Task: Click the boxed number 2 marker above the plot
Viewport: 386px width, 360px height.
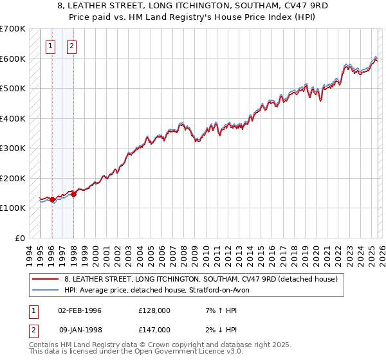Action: (x=71, y=46)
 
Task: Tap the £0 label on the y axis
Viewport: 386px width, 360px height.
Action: (x=21, y=238)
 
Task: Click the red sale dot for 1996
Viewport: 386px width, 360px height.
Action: (x=52, y=200)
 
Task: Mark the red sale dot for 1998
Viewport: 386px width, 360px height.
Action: (x=73, y=194)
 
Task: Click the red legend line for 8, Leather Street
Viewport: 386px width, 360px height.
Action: (x=46, y=279)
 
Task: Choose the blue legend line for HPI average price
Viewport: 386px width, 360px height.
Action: (x=46, y=290)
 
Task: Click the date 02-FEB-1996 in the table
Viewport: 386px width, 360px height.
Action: (x=80, y=310)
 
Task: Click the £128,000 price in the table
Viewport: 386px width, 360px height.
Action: (x=154, y=310)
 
